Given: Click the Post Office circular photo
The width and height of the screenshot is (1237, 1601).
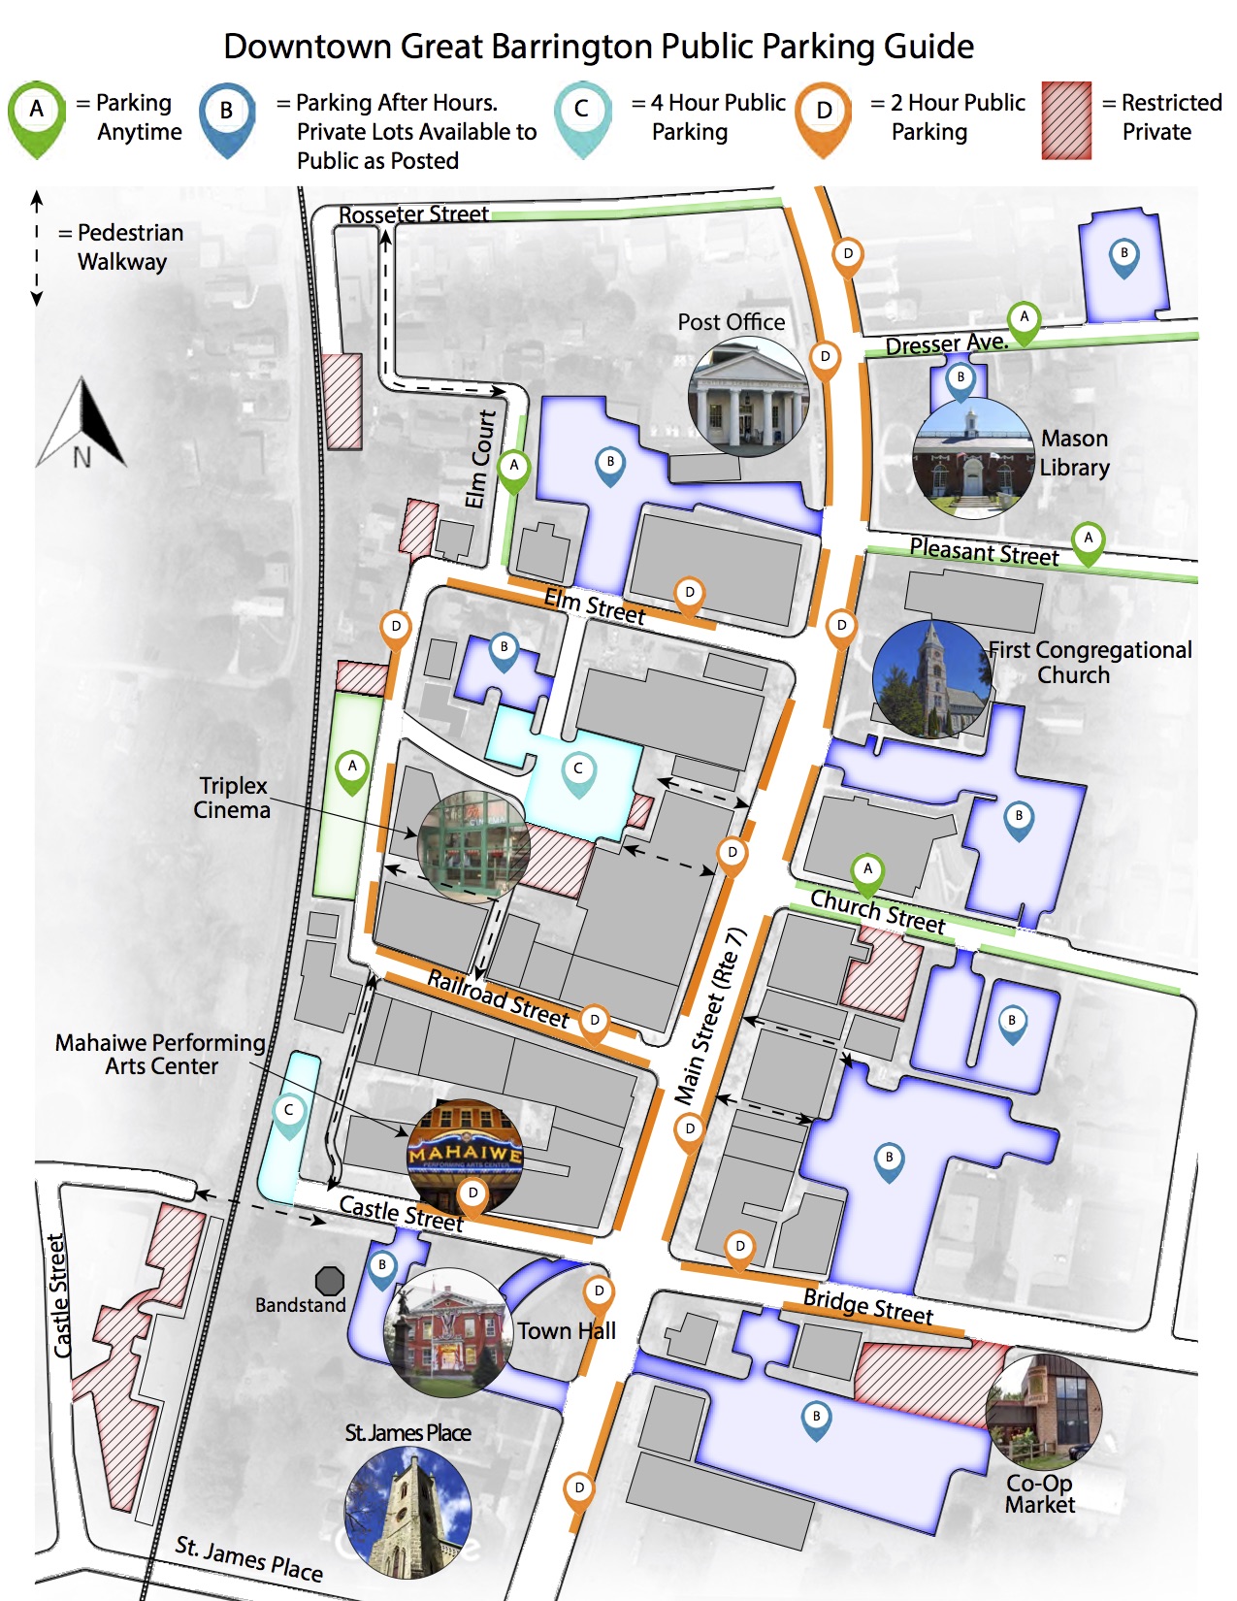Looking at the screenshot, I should [748, 397].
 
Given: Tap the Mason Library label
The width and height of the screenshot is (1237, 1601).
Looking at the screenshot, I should [1074, 453].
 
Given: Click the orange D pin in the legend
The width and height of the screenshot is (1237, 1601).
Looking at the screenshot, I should [823, 115].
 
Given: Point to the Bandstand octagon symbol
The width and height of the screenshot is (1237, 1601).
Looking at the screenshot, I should [330, 1281].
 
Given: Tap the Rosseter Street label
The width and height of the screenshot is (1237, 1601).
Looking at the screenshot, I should [413, 213].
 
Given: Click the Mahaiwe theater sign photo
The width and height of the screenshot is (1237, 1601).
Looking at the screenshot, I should [465, 1155].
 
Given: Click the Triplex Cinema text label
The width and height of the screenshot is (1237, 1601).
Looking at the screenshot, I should [232, 798].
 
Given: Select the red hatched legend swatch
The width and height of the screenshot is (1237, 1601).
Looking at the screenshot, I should [1066, 120].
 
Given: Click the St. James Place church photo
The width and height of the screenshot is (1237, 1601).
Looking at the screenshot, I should [407, 1512].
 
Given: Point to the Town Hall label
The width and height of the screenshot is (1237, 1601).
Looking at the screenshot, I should [566, 1330].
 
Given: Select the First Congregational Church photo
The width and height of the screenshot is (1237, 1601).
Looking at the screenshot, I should [931, 679].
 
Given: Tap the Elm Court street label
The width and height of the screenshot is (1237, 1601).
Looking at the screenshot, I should [479, 458].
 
